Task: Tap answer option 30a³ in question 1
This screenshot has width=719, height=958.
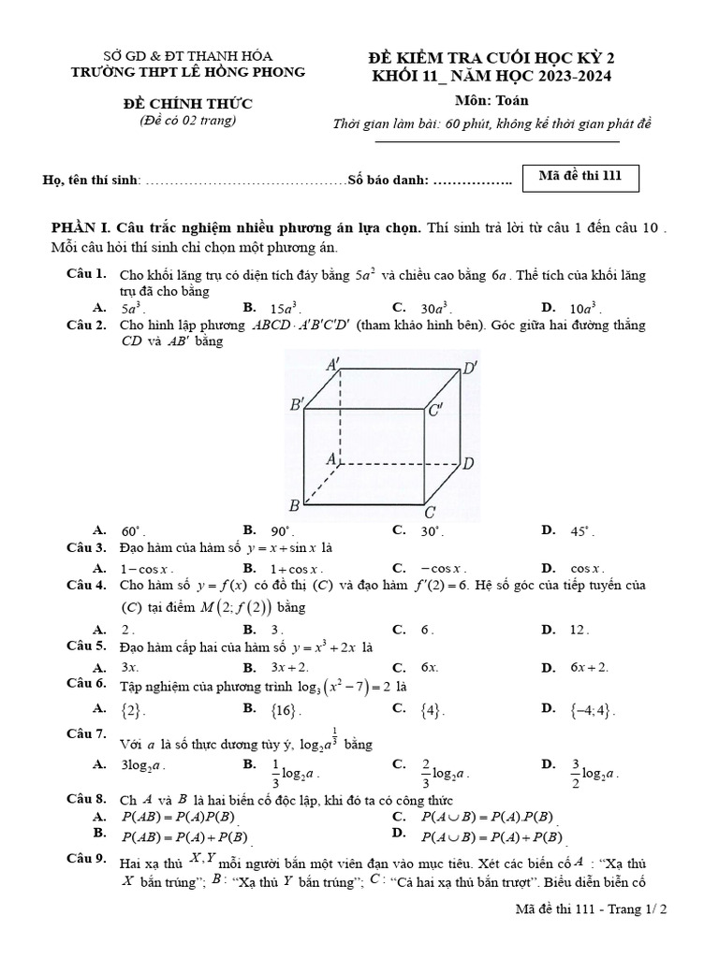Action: (433, 308)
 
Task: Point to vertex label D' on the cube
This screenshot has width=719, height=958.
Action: (471, 368)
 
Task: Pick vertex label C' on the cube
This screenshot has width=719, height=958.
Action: (436, 411)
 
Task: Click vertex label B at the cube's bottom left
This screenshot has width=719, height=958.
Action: (293, 506)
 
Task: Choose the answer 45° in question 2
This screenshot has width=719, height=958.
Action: (580, 530)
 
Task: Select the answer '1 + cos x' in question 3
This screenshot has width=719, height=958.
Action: (296, 568)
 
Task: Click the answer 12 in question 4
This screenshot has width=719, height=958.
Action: (580, 630)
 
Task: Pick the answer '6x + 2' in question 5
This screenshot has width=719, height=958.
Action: (589, 667)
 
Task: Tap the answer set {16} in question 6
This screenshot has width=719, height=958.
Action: (285, 710)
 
